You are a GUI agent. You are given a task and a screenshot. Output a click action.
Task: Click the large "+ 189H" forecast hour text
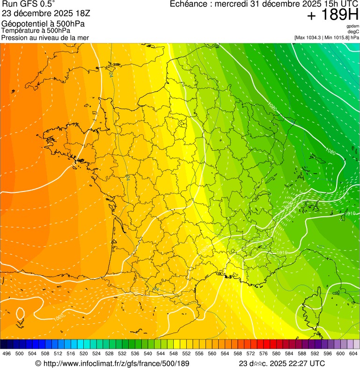[x=333, y=15]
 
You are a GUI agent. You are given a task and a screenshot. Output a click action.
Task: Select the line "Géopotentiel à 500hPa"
[x=39, y=23]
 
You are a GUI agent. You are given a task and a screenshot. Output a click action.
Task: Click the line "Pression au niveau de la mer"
[x=45, y=37]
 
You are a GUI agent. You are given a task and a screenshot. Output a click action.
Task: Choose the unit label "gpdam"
[x=353, y=26]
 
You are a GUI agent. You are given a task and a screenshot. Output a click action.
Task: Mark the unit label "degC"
[x=354, y=31]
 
